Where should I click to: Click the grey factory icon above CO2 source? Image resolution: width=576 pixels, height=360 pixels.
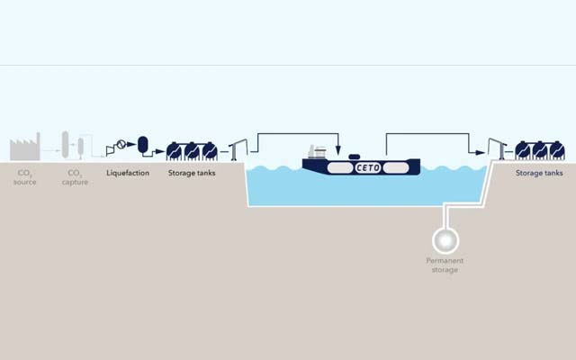point(25,147)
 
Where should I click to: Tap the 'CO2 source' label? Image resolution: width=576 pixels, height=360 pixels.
point(24,176)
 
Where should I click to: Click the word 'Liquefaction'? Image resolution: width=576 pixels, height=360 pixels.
point(128,173)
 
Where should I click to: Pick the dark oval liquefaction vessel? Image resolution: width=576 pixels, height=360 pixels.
point(142,145)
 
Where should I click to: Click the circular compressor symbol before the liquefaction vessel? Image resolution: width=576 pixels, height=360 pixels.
point(122,147)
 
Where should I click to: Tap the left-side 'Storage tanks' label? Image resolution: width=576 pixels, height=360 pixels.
point(192,173)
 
